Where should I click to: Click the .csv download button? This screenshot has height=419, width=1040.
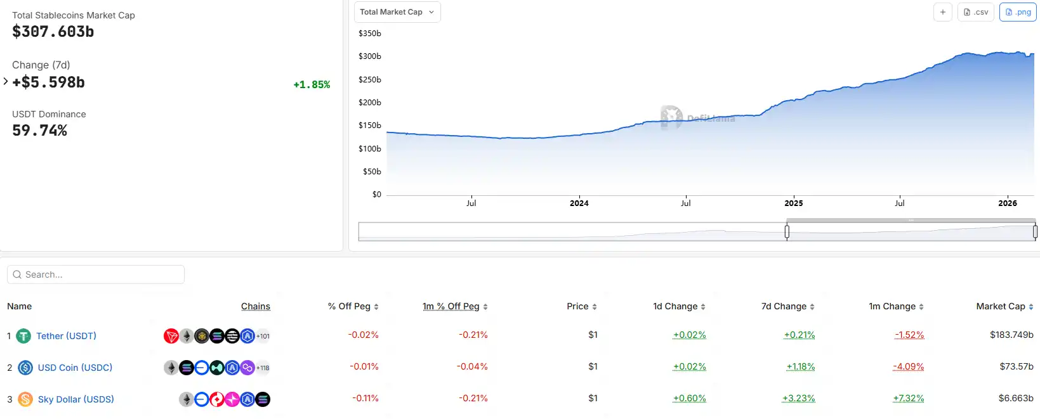point(976,12)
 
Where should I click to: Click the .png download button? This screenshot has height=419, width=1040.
point(1018,12)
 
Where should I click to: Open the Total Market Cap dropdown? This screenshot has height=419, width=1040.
point(397,12)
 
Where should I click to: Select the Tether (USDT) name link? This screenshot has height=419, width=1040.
point(66,336)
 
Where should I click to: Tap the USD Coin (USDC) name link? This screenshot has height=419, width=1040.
point(75,368)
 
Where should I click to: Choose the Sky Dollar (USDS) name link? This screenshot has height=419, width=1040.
point(76,399)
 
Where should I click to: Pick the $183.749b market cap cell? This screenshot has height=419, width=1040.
point(1011,335)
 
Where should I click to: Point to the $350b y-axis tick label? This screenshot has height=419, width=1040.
point(370,33)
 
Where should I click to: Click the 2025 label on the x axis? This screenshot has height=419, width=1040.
point(793,203)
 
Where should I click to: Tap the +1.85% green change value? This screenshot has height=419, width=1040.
point(312,84)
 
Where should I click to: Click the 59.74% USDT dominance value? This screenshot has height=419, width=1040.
point(39,131)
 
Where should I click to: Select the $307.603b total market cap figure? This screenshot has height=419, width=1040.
point(53,32)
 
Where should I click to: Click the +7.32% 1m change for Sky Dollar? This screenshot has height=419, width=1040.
point(908,398)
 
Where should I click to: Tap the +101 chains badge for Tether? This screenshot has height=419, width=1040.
point(263,336)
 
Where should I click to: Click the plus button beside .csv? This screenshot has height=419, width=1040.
point(943,12)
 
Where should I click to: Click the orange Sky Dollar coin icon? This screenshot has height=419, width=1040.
point(25,399)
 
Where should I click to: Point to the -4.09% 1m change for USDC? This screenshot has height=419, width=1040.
point(908,366)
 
